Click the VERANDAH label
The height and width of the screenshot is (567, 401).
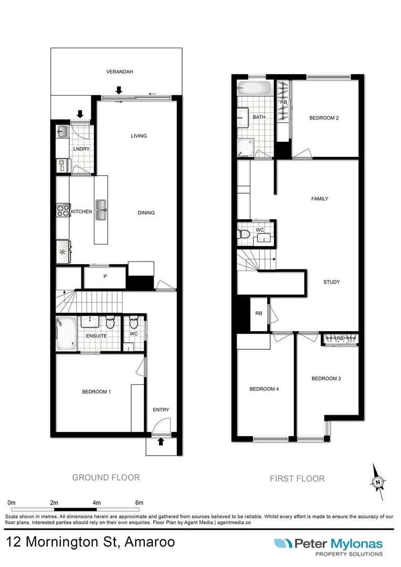click(x=119, y=72)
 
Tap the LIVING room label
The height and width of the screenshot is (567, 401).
click(x=139, y=136)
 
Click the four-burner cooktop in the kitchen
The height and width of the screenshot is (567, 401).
click(x=63, y=211)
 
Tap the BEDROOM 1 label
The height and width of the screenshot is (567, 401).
click(x=97, y=392)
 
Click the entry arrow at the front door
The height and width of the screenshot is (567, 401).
click(x=161, y=442)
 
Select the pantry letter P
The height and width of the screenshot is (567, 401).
click(x=105, y=277)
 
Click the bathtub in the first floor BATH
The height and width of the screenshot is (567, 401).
click(x=254, y=88)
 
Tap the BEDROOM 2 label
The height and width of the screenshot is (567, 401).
click(x=324, y=118)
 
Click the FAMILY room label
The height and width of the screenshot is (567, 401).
click(x=320, y=199)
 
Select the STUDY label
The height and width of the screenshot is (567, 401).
click(x=332, y=282)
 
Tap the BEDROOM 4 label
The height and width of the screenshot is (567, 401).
click(x=264, y=389)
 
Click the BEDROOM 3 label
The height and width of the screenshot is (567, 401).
click(x=326, y=379)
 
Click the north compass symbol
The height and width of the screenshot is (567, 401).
click(x=377, y=481)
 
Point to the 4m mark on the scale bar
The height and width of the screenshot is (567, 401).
click(x=97, y=502)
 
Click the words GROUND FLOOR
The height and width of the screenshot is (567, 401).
click(x=106, y=477)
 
